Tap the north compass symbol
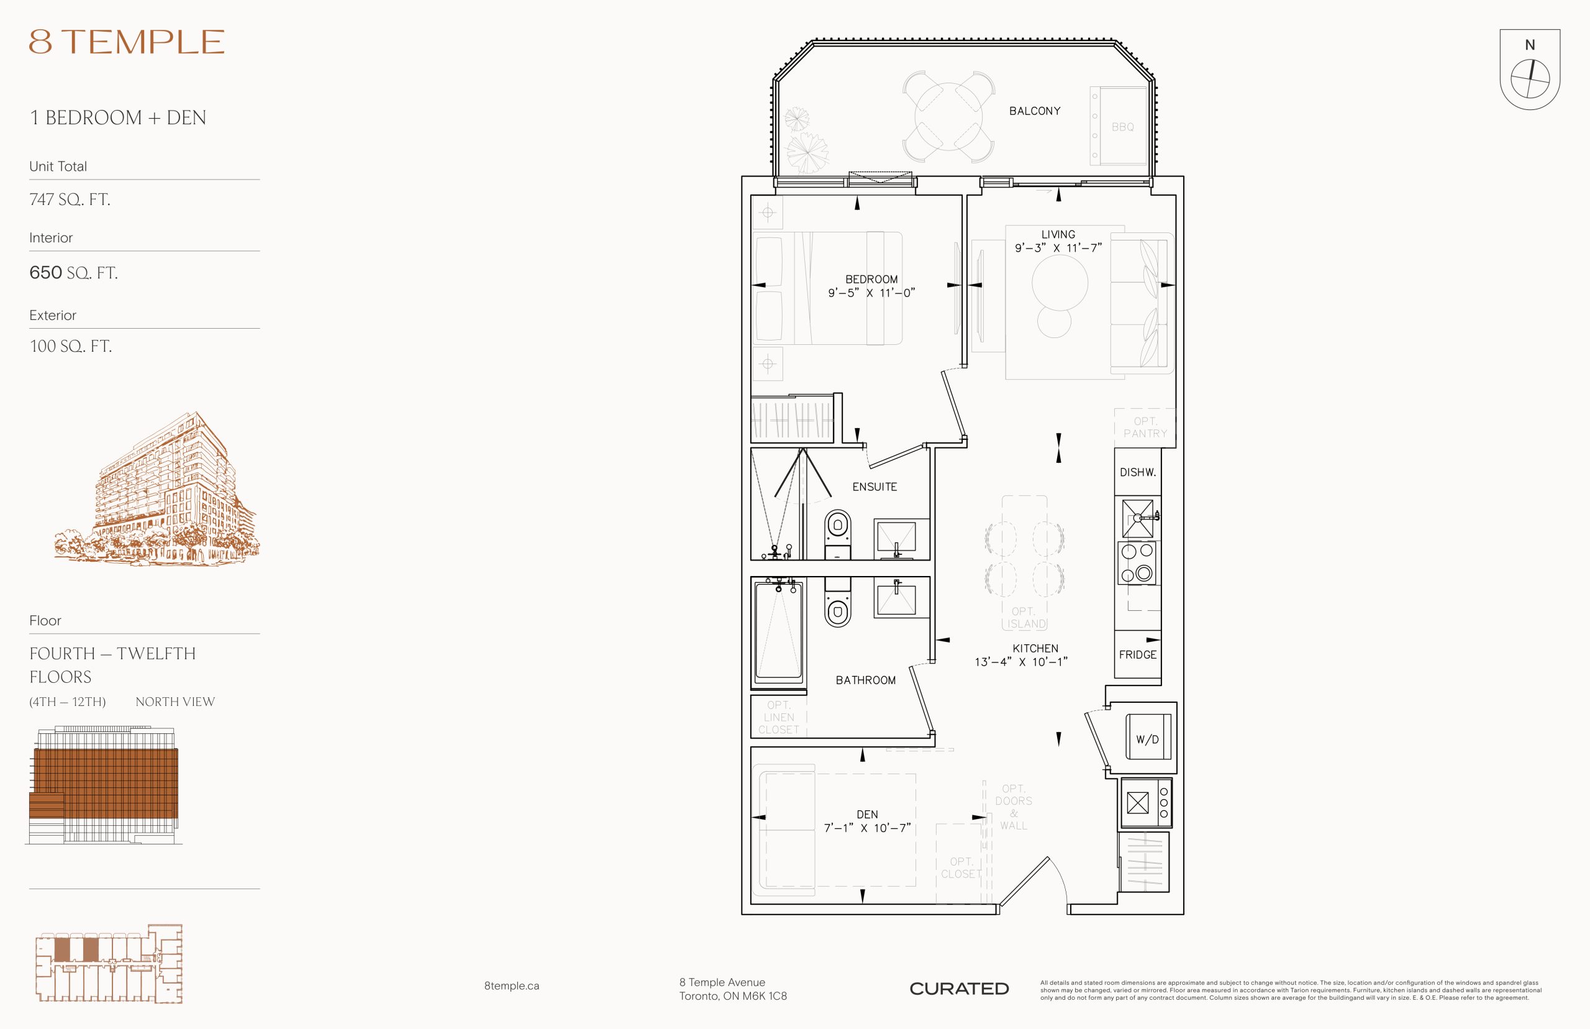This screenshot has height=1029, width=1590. pyautogui.click(x=1529, y=70)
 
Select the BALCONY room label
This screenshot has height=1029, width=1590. pyautogui.click(x=1034, y=111)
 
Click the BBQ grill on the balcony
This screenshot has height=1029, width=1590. pyautogui.click(x=1118, y=126)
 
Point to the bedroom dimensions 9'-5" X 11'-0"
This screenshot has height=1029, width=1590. pyautogui.click(x=871, y=293)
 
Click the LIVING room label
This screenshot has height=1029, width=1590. pyautogui.click(x=1058, y=234)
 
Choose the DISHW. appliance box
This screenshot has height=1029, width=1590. pyautogui.click(x=1137, y=472)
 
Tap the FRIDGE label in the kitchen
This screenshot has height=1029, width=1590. pyautogui.click(x=1137, y=655)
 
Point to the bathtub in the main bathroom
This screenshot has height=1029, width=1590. pyautogui.click(x=779, y=631)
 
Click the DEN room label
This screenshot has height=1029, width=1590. pyautogui.click(x=867, y=815)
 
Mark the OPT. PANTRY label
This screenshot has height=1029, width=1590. pyautogui.click(x=1145, y=428)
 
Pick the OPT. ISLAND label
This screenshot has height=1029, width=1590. pyautogui.click(x=1025, y=618)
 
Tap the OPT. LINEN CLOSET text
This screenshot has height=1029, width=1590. pyautogui.click(x=779, y=717)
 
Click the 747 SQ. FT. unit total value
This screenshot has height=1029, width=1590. pyautogui.click(x=70, y=199)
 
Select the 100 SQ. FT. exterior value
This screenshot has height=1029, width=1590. pyautogui.click(x=70, y=346)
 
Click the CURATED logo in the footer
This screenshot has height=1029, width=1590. pyautogui.click(x=959, y=989)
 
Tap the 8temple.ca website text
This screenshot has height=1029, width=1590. pyautogui.click(x=512, y=986)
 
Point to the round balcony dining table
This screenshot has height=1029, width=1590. pyautogui.click(x=948, y=117)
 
